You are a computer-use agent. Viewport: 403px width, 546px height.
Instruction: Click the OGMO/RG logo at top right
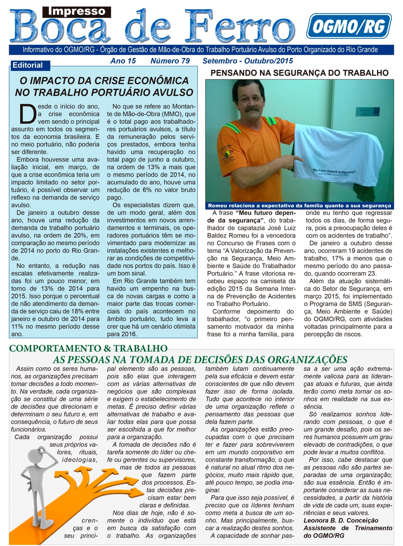pyautogui.click(x=349, y=26)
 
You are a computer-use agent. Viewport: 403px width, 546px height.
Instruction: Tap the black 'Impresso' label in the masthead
pyautogui.click(x=77, y=12)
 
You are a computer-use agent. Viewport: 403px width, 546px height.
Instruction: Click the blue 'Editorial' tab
pyautogui.click(x=28, y=65)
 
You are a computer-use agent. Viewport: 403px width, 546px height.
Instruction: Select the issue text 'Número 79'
pyautogui.click(x=170, y=61)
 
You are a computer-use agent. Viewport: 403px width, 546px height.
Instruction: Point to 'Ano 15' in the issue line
pyautogui.click(x=123, y=61)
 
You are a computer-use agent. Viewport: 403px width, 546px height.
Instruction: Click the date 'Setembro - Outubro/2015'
pyautogui.click(x=248, y=61)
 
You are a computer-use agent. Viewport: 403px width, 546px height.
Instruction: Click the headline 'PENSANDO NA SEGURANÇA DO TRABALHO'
pyautogui.click(x=299, y=73)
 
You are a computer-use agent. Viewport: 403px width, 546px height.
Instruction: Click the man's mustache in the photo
pyautogui.click(x=252, y=109)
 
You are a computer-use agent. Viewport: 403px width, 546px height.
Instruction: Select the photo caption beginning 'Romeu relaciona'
pyautogui.click(x=299, y=206)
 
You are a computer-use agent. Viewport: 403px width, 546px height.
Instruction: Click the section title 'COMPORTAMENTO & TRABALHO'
pyautogui.click(x=88, y=348)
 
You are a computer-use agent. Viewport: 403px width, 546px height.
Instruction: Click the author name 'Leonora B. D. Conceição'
pyautogui.click(x=341, y=520)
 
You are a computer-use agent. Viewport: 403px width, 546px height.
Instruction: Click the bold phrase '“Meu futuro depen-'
pyautogui.click(x=266, y=213)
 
